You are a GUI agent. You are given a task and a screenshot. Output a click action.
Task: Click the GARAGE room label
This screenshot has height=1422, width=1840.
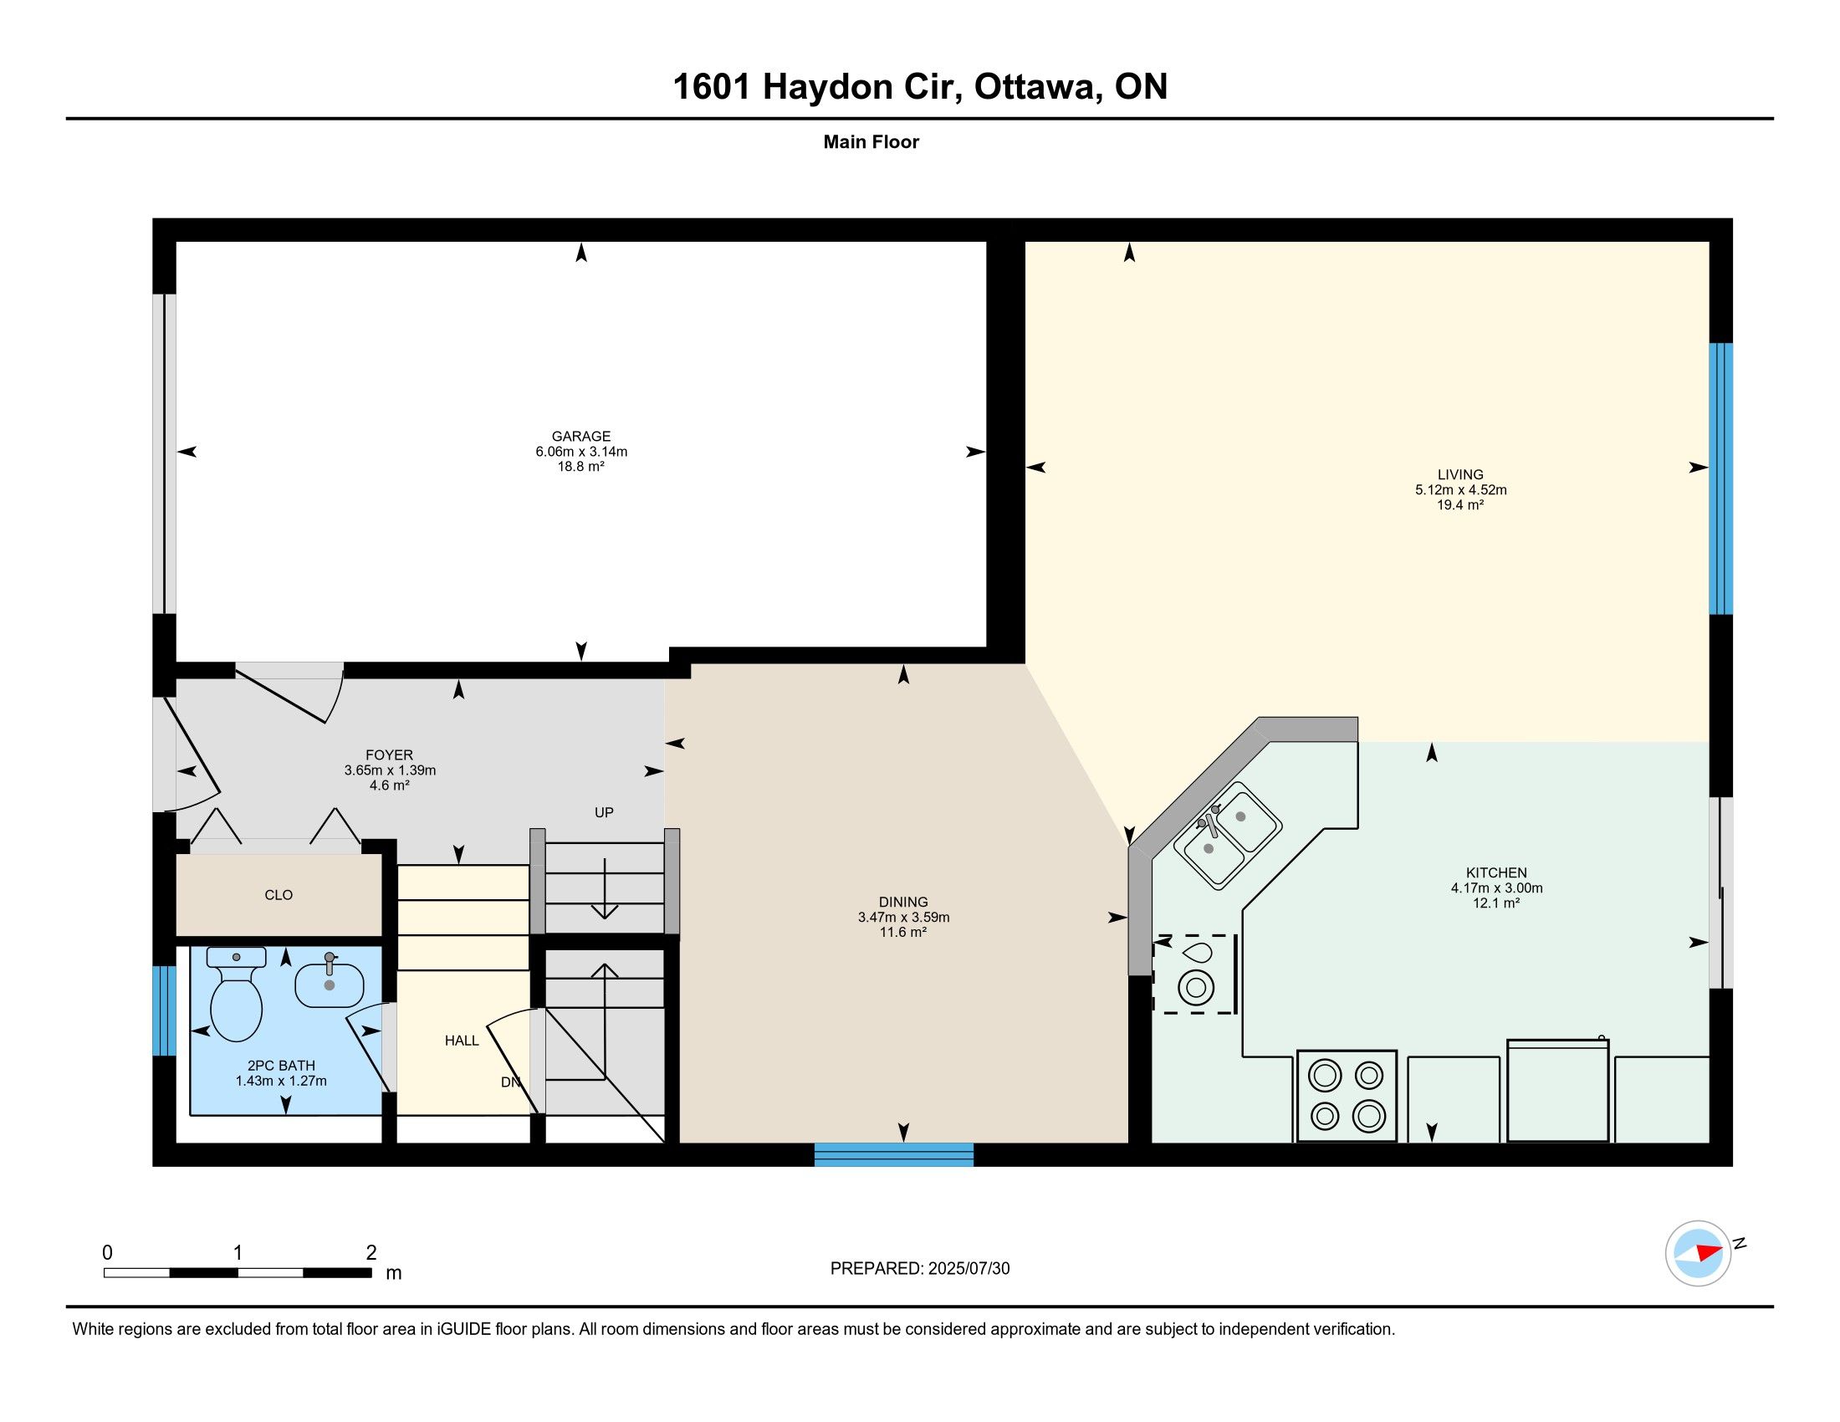click(x=580, y=437)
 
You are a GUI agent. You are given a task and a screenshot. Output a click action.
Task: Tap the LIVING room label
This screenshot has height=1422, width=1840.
click(x=1460, y=475)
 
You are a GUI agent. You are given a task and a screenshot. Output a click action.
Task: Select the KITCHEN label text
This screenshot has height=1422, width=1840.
click(x=1496, y=872)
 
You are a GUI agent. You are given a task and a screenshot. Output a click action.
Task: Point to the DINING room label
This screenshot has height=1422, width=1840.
click(x=903, y=903)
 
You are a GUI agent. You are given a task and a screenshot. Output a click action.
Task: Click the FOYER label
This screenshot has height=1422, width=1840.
click(x=389, y=755)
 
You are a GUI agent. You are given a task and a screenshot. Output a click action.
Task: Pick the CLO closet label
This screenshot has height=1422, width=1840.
click(x=279, y=896)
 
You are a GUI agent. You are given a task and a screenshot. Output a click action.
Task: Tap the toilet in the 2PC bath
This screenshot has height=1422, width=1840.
click(x=235, y=993)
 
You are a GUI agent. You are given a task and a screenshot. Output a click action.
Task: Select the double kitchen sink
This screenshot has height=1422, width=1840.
click(x=1228, y=836)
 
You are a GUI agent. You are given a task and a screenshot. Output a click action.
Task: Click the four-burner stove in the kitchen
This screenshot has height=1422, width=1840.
click(x=1347, y=1095)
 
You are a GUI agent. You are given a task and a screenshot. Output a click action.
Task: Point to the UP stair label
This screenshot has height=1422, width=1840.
click(x=604, y=813)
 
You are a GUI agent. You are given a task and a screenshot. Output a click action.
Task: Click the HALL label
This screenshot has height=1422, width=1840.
click(x=462, y=1041)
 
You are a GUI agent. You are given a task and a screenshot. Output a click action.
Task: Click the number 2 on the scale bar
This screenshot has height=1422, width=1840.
click(x=371, y=1253)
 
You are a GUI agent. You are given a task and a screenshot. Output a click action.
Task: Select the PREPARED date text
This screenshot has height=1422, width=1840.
click(x=919, y=1269)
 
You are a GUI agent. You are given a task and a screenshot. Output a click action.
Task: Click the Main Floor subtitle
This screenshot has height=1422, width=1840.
click(x=871, y=142)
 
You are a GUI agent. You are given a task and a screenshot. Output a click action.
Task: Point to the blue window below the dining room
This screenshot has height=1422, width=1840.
click(x=894, y=1155)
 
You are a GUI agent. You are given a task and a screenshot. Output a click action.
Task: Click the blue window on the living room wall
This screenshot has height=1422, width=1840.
click(x=1720, y=478)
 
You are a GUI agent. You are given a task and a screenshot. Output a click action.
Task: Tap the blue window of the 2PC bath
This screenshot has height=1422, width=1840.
click(x=164, y=1011)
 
